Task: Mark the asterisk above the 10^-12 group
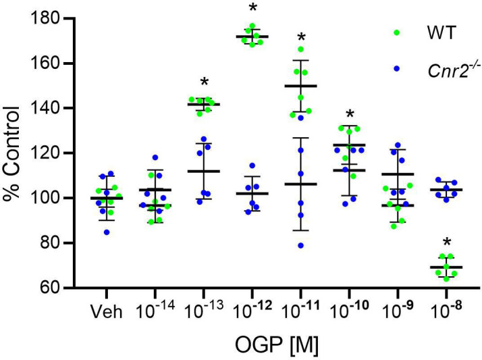click(252, 9)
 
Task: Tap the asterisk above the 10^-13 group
click(204, 82)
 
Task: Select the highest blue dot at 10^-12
click(252, 165)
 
